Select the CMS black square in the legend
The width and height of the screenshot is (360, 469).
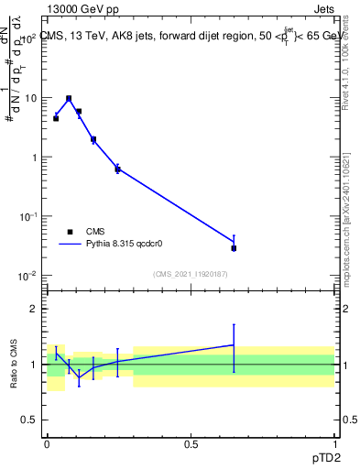[70, 232]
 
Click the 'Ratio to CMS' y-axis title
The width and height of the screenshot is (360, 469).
[15, 365]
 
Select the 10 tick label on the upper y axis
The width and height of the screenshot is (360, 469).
[32, 97]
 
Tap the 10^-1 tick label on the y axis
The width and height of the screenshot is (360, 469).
[28, 216]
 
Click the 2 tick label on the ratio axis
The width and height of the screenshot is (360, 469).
[38, 309]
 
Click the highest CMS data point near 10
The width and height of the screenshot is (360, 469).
[69, 98]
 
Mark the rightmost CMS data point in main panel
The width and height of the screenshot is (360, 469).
[234, 248]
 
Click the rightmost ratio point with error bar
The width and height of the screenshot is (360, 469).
[234, 345]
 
